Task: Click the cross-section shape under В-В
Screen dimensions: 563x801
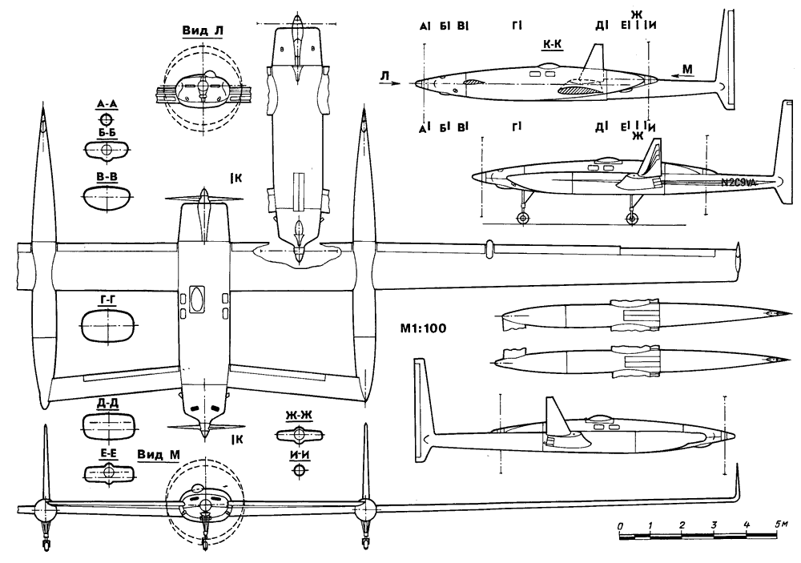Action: tap(106, 197)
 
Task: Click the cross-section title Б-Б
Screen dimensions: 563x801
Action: tap(105, 136)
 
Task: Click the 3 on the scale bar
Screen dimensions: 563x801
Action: tap(713, 525)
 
